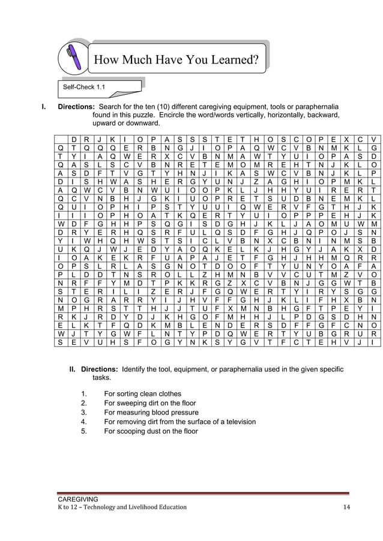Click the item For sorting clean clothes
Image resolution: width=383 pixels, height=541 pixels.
(x=142, y=393)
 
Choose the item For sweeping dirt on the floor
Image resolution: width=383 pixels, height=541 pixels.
(x=149, y=403)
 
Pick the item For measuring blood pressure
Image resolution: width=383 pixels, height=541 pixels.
(x=151, y=413)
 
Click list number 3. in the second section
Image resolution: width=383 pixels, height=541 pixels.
(x=83, y=413)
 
